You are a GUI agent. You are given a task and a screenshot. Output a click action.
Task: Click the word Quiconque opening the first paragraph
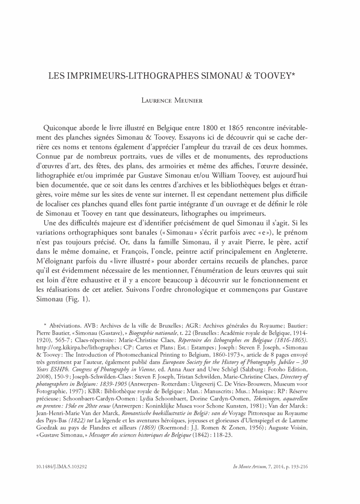coord(62,128)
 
